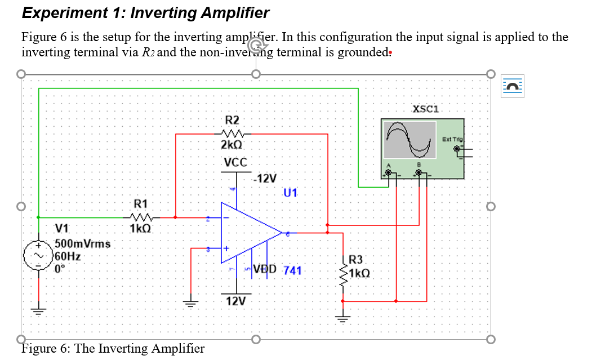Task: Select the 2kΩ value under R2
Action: [232, 145]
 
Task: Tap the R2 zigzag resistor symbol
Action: [232, 134]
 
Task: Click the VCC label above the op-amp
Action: [235, 162]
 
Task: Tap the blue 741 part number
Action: [292, 270]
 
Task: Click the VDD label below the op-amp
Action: [265, 269]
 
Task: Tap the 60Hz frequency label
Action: [67, 256]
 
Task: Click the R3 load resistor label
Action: [356, 260]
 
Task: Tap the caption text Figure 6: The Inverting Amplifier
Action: [113, 348]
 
